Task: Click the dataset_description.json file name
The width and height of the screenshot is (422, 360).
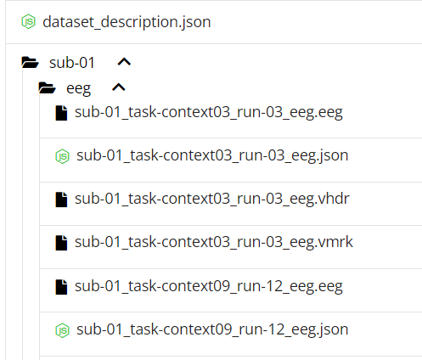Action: click(127, 22)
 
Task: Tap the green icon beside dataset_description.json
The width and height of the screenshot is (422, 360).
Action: click(28, 22)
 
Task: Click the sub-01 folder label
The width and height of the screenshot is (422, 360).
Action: click(72, 63)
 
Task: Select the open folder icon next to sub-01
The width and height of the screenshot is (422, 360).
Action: click(30, 62)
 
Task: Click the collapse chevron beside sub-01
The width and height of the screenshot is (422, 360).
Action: click(124, 62)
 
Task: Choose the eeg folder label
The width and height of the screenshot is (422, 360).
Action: click(78, 89)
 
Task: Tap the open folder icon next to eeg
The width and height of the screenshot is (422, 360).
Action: click(47, 87)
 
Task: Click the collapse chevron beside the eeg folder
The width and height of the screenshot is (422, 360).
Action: click(119, 87)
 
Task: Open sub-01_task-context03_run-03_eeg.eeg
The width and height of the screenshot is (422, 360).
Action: click(209, 113)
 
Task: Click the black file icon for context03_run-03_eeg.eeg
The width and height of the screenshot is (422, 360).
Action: click(61, 113)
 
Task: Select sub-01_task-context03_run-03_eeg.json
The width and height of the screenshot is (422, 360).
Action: click(212, 156)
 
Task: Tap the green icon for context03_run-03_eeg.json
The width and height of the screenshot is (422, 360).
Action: click(62, 156)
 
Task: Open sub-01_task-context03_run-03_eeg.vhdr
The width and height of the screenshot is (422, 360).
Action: click(212, 199)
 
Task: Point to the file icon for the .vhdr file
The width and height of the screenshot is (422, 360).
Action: click(61, 200)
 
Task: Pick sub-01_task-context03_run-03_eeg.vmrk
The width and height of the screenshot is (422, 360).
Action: click(214, 242)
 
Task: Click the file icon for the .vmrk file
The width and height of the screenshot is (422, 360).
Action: click(61, 243)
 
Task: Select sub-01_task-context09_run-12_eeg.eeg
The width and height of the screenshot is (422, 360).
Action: click(209, 286)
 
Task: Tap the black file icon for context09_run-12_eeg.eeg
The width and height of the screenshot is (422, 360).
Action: click(61, 287)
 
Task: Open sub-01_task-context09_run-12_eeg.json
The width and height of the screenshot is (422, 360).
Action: click(212, 329)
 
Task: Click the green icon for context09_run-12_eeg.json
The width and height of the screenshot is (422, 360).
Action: click(62, 330)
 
